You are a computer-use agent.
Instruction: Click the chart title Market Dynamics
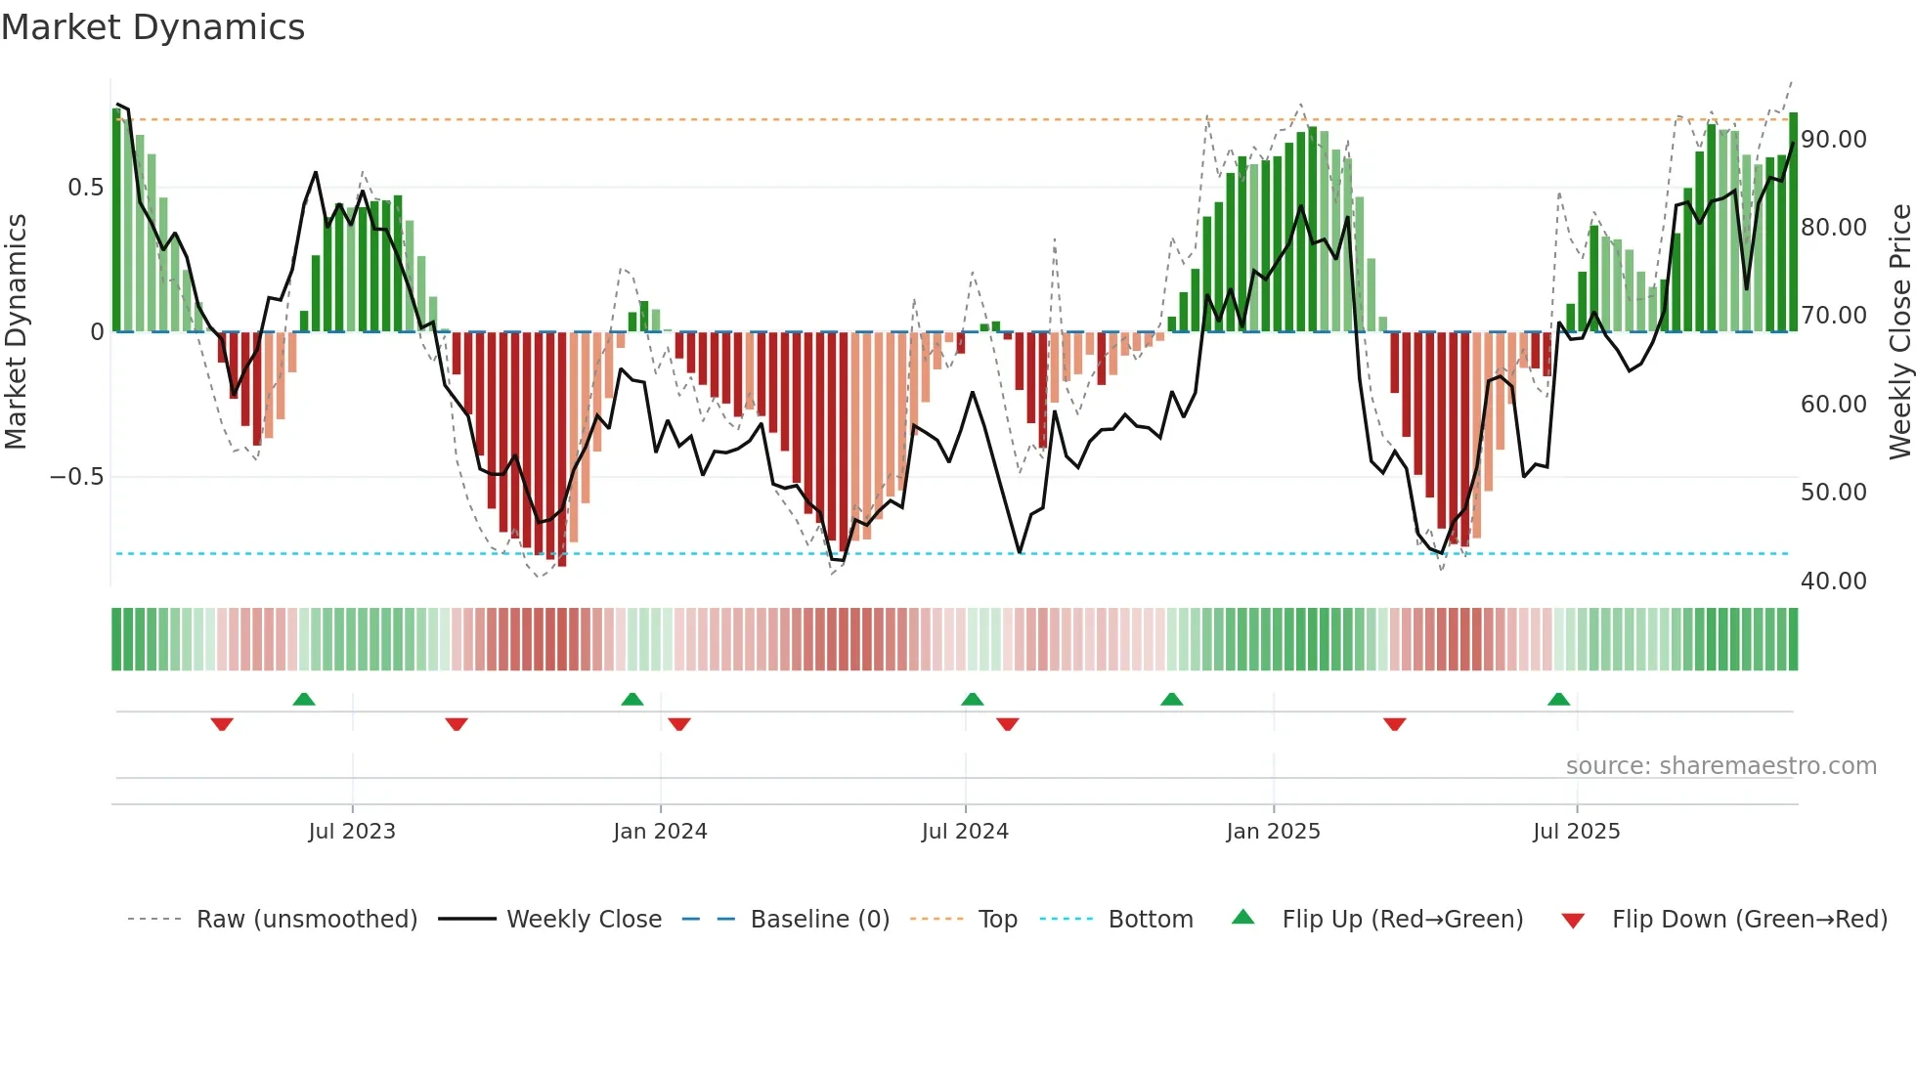point(152,27)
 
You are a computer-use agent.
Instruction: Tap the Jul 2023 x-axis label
point(352,832)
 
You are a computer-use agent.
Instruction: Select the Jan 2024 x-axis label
point(660,832)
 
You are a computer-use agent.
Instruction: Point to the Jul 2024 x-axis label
point(965,832)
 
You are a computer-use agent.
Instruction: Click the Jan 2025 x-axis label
point(1273,832)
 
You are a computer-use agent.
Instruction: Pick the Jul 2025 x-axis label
point(1576,832)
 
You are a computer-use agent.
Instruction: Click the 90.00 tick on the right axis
point(1834,140)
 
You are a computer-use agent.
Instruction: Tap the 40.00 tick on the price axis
point(1834,582)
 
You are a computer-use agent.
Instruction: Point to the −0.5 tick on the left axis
point(76,477)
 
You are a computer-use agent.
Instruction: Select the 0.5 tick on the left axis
point(85,188)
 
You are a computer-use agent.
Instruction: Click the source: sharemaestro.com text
point(1720,766)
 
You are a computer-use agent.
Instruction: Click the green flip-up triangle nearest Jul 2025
point(1558,699)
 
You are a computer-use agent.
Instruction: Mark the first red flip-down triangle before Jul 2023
point(222,724)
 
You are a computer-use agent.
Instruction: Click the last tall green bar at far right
point(1793,223)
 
